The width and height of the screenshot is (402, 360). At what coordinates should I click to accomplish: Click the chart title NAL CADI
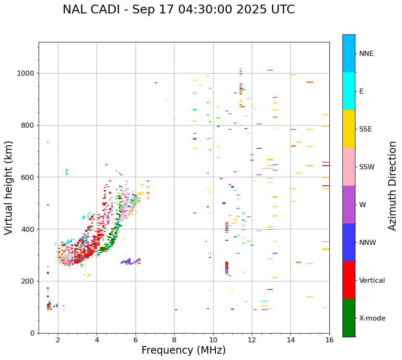click(x=178, y=10)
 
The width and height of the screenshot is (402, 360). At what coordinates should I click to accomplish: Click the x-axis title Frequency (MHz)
click(x=183, y=350)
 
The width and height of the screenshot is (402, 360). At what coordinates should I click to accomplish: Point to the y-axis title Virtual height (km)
click(x=9, y=187)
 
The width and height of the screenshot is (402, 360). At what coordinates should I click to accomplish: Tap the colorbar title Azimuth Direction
click(x=392, y=186)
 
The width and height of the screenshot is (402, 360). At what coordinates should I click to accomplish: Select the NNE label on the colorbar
click(x=366, y=54)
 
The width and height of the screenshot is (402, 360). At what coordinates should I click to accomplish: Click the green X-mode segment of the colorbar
click(x=349, y=318)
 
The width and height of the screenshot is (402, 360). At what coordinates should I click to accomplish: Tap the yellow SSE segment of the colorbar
click(x=349, y=129)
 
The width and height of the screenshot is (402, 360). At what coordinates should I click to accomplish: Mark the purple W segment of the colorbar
click(x=349, y=205)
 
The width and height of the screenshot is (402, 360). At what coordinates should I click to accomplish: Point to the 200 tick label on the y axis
click(x=29, y=281)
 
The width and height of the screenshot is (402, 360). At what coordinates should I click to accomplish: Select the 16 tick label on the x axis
click(x=329, y=340)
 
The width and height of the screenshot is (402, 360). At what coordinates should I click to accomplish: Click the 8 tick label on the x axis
click(x=174, y=340)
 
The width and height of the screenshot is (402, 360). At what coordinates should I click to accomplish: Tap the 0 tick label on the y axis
click(x=32, y=333)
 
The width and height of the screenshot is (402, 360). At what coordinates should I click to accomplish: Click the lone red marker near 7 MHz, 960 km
click(x=156, y=83)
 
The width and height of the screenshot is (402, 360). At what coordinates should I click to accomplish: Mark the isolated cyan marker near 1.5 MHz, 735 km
click(x=48, y=142)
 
